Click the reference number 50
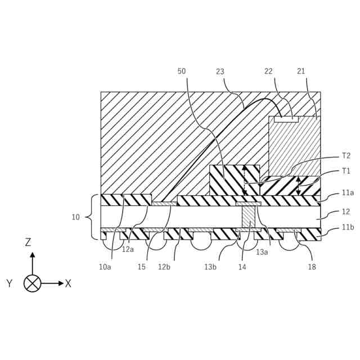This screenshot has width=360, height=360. tap(182, 71)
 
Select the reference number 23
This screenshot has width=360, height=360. tap(220, 71)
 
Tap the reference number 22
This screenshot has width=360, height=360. tap(268, 71)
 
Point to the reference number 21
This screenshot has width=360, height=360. tap(301, 71)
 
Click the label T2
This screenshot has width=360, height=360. tap(346, 156)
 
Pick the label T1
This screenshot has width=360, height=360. tap(346, 171)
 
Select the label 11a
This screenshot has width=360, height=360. tap(348, 192)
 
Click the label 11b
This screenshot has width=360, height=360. tap(348, 227)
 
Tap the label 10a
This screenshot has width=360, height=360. tap(105, 267)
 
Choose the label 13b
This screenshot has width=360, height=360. tap(210, 267)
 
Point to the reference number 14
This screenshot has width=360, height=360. tap(242, 267)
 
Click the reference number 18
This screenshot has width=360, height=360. tap(312, 267)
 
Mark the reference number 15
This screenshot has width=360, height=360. tap(141, 267)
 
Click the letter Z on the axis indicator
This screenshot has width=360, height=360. tap(28, 242)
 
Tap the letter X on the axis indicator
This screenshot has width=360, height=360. tap(68, 283)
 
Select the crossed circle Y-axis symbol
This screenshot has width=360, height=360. tap(33, 283)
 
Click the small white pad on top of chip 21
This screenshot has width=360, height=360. tap(286, 119)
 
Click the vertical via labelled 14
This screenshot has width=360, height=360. tap(248, 217)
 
